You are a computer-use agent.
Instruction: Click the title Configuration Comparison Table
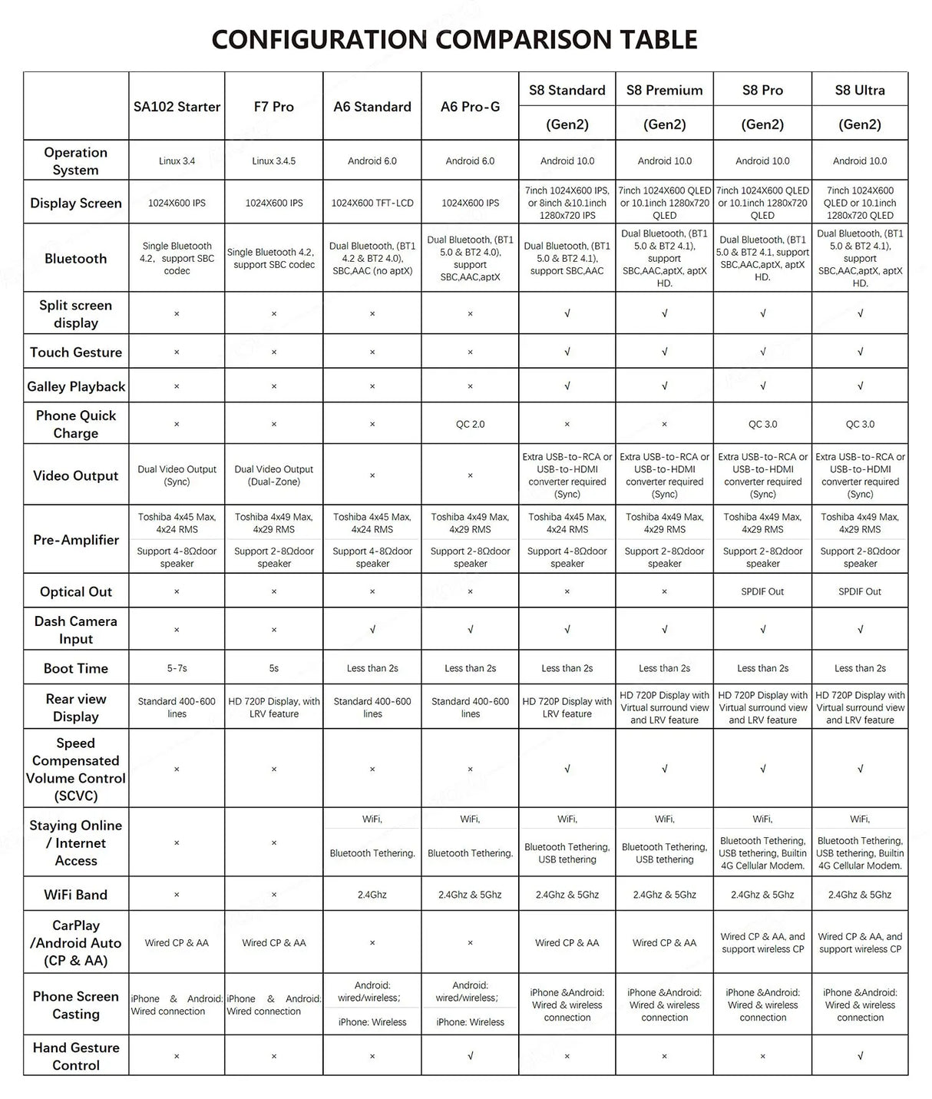coord(454,39)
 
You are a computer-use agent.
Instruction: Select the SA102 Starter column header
coord(177,107)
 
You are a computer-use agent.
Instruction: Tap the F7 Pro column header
coord(274,107)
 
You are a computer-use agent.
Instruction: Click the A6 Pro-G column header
coord(470,107)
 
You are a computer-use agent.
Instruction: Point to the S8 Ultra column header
coord(860,91)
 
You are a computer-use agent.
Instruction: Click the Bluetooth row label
coord(76,259)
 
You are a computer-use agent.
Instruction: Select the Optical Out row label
coord(76,592)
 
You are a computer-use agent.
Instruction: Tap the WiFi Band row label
coord(76,895)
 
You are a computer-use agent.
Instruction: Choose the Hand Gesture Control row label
coord(76,1056)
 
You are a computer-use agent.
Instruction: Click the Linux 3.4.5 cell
coord(274,161)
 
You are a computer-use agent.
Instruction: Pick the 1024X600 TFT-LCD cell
coord(372,204)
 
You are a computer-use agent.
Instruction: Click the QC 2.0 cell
coord(470,424)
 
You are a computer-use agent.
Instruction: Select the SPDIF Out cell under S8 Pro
coord(762,592)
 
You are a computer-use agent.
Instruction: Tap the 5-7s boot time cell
coord(177,668)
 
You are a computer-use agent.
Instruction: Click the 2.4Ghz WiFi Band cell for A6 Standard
coord(372,895)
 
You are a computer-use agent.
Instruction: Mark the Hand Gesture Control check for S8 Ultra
coord(860,1056)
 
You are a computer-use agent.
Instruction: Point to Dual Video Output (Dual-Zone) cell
coord(274,475)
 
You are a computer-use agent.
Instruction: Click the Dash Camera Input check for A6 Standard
coord(372,630)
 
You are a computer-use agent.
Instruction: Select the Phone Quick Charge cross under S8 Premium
coord(665,424)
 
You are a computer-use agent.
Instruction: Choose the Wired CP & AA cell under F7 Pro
coord(274,943)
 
